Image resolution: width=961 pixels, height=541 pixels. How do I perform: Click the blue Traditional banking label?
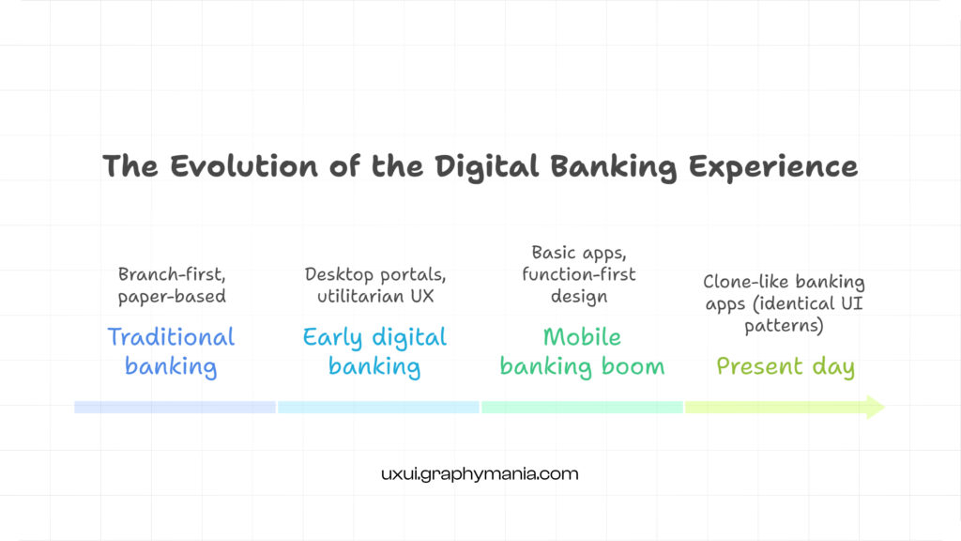click(x=171, y=350)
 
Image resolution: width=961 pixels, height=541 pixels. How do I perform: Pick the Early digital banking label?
click(x=374, y=350)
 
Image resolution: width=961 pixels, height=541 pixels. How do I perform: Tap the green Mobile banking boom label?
click(x=582, y=350)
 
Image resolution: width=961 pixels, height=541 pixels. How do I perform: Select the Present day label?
click(x=786, y=365)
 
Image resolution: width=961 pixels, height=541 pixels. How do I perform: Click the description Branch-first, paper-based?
click(x=172, y=285)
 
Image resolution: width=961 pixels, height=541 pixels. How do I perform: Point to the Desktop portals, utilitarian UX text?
click(x=375, y=285)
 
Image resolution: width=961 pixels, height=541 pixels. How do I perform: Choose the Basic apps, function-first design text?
click(x=582, y=274)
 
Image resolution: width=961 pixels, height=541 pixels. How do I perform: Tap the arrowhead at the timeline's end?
click(x=875, y=407)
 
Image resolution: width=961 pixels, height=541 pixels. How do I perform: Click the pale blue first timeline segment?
click(x=175, y=407)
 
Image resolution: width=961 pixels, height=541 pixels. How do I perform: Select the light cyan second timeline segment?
click(x=378, y=407)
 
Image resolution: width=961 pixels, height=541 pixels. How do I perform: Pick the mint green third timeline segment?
click(x=582, y=407)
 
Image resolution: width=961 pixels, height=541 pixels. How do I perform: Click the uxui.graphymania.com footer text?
click(x=480, y=474)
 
